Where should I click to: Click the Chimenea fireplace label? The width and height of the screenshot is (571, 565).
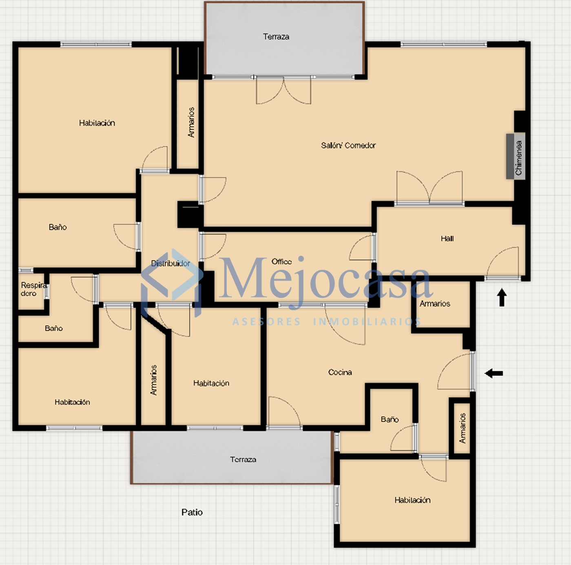[518, 158]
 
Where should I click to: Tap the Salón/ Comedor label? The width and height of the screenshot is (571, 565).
[348, 145]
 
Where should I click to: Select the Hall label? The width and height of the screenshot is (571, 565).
[447, 239]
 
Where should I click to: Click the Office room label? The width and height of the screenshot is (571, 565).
[281, 262]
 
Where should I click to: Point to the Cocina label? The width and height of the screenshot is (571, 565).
[340, 372]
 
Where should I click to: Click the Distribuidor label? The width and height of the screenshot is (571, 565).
[170, 264]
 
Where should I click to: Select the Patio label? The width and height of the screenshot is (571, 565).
[192, 512]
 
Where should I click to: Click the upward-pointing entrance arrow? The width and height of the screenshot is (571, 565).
[502, 297]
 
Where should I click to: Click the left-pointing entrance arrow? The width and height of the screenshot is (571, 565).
[494, 374]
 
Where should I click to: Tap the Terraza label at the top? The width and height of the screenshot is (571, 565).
[276, 37]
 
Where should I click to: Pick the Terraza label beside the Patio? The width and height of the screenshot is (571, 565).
[243, 459]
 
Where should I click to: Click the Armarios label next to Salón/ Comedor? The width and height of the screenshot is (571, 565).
[191, 122]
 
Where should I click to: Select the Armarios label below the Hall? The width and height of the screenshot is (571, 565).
[435, 303]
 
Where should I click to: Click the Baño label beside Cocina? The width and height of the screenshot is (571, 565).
[390, 420]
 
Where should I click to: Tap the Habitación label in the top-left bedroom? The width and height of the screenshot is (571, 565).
[97, 123]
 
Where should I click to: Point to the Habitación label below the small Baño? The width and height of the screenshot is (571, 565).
[72, 402]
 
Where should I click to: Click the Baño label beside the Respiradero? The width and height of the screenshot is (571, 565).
[53, 328]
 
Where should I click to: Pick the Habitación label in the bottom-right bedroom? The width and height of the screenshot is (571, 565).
[412, 500]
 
